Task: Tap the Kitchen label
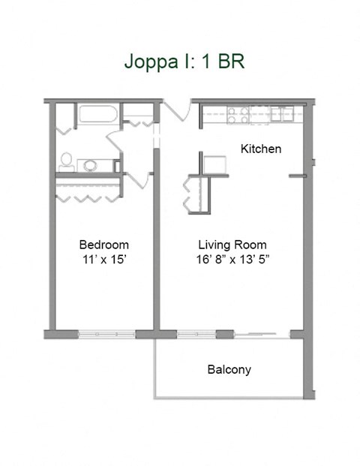click(x=260, y=149)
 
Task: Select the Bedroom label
click(x=104, y=245)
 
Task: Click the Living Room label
click(x=232, y=245)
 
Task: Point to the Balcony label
click(x=229, y=369)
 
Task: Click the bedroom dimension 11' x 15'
click(x=104, y=260)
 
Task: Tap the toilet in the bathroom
click(x=67, y=160)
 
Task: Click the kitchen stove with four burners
click(x=238, y=115)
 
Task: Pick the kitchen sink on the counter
click(x=283, y=114)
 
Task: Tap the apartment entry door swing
click(x=177, y=111)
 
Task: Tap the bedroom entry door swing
click(x=137, y=180)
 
